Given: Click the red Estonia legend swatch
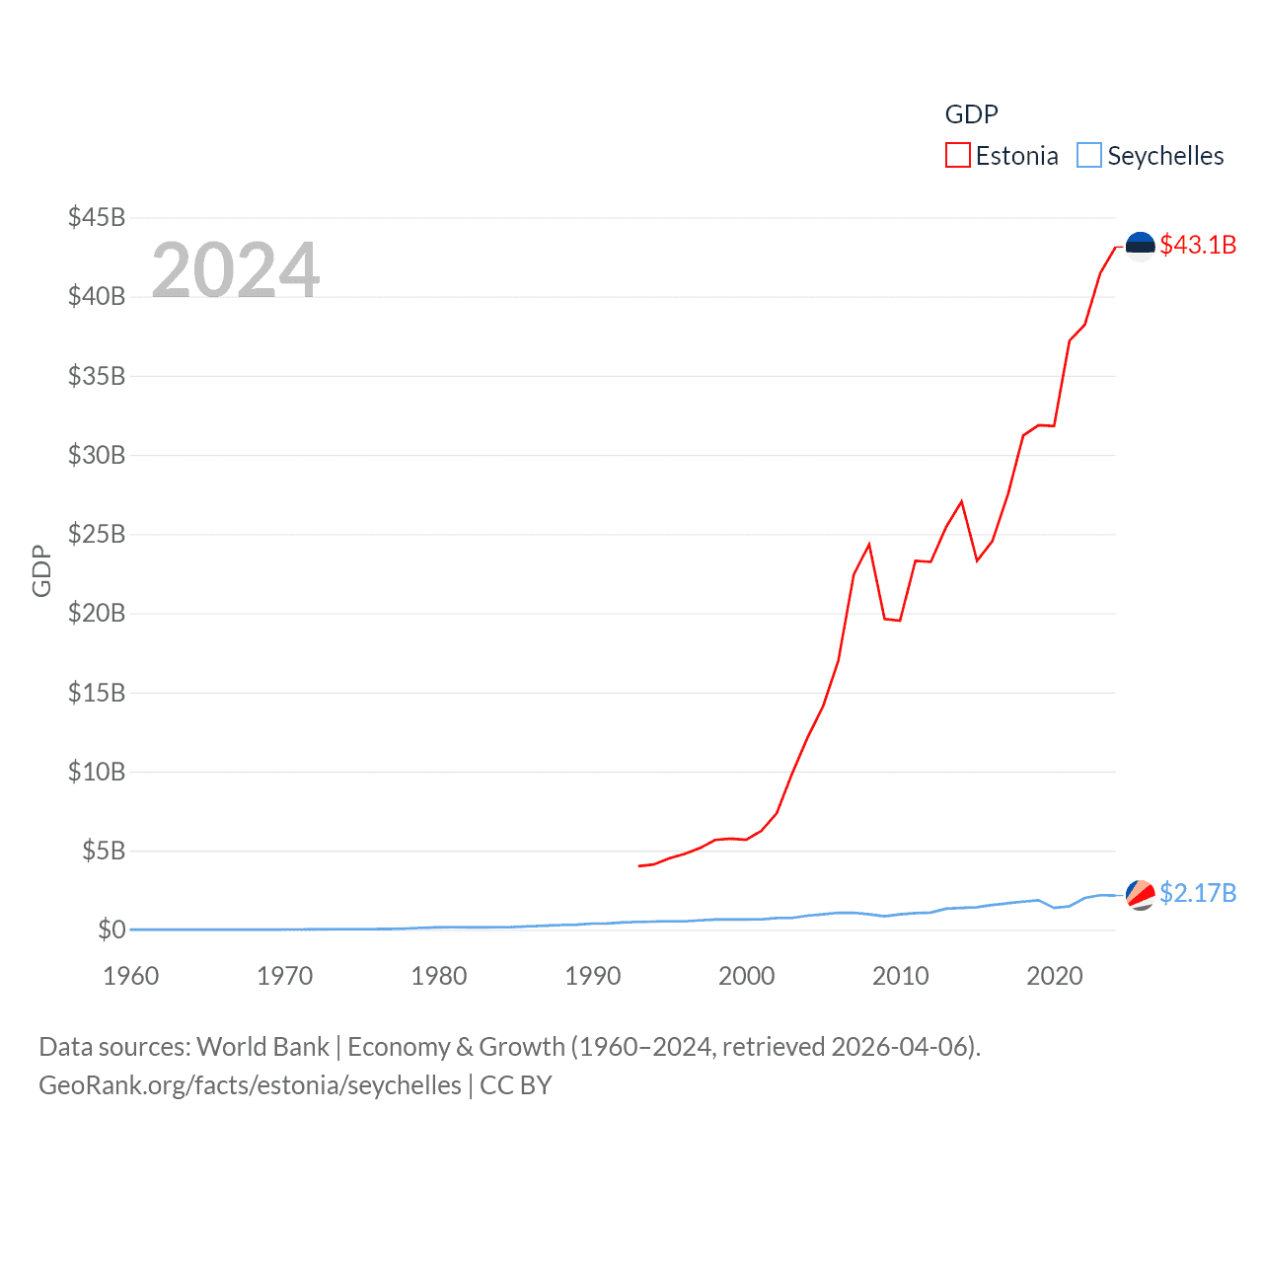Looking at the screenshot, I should click(957, 156).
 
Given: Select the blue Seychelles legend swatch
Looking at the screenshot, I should click(1088, 156).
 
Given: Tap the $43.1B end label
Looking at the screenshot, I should click(1198, 245).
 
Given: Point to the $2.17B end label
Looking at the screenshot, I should click(1198, 893).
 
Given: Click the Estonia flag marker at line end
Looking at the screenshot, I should click(1140, 246).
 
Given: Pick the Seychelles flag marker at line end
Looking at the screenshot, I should click(1140, 894).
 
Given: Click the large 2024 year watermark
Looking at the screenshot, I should click(236, 269).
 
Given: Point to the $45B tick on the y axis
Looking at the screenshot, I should click(97, 217).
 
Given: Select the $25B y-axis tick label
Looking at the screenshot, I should click(97, 534).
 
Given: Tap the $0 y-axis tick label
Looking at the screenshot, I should click(111, 929).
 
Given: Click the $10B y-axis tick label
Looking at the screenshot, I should click(97, 772).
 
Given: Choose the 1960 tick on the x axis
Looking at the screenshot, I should click(131, 976).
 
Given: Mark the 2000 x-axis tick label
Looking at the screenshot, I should click(747, 976).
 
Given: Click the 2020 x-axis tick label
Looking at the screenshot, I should click(1055, 976).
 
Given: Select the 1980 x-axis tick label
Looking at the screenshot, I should click(439, 976).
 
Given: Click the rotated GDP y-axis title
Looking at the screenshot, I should click(41, 570).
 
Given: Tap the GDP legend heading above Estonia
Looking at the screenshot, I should click(971, 114).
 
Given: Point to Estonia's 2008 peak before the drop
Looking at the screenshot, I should click(869, 545).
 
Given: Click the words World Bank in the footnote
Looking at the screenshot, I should click(263, 1046).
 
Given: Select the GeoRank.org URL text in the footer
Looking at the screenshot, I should click(250, 1085).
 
